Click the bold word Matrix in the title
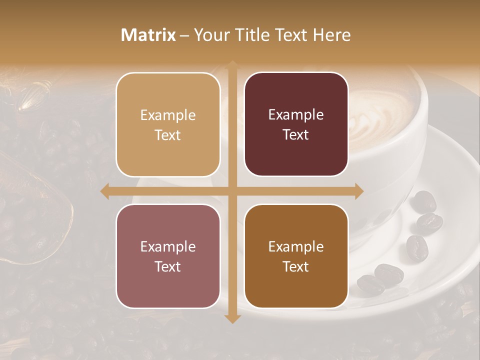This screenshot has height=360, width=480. pos(148,35)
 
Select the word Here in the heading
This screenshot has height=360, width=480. pos(331,35)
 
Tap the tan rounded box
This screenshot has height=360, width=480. pos(168,125)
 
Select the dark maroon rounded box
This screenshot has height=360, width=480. pos(296,124)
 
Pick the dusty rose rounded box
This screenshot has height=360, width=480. pos(168,256)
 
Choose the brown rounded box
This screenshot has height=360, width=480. pos(296,256)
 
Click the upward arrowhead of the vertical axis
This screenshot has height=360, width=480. pos(232,65)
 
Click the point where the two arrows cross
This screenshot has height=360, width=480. pos(232,191)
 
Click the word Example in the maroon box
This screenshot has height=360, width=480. pos(296,115)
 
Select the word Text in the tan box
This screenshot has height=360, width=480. pos(168,135)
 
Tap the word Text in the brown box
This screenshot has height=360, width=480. pos(296,267)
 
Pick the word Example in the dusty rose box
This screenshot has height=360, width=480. pos(168,247)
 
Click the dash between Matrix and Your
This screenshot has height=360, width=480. pos(184,35)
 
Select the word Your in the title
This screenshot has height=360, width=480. pos(209,35)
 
